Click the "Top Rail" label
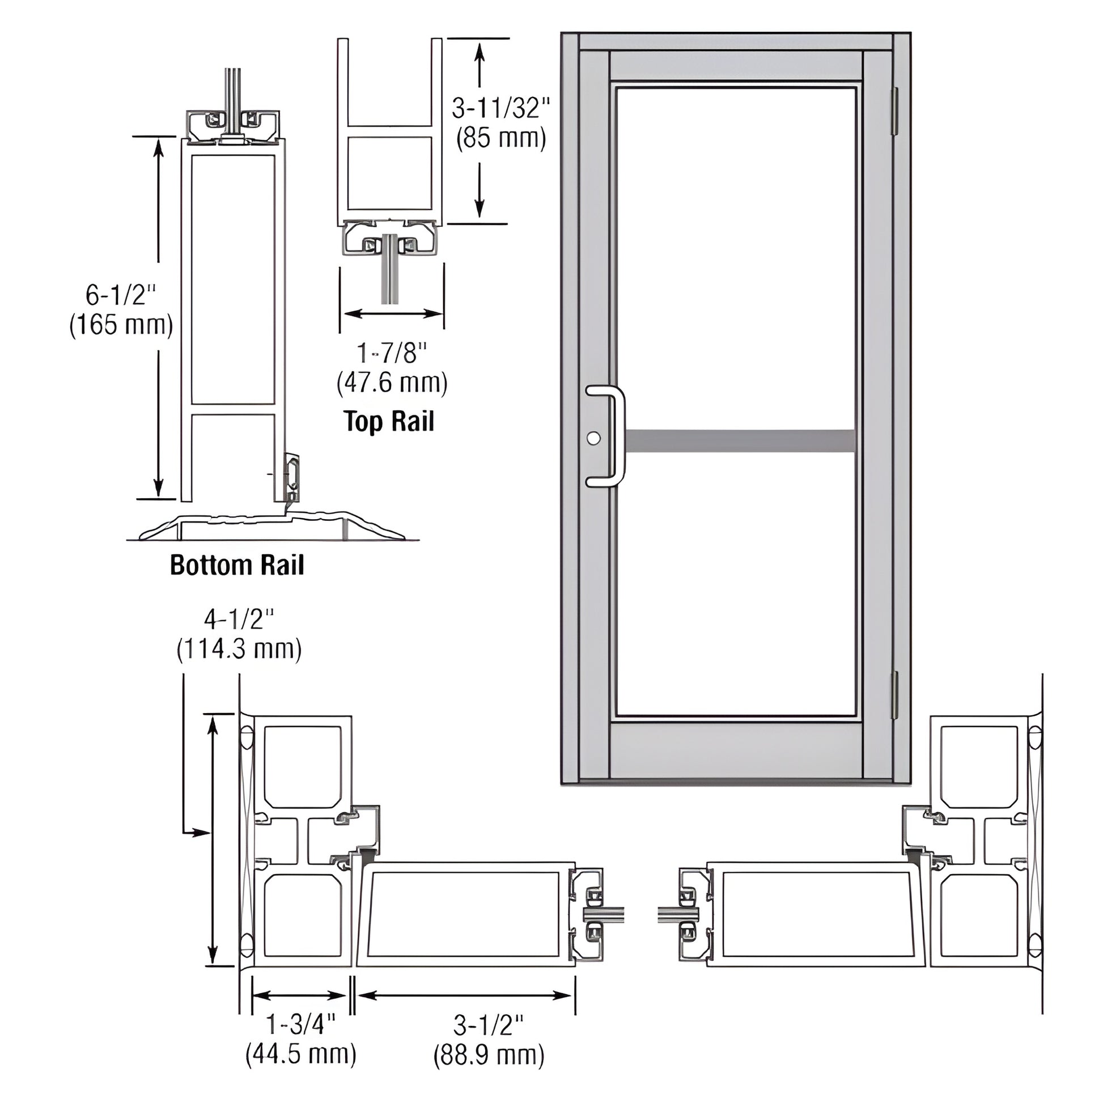click(x=389, y=422)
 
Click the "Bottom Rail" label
click(x=237, y=565)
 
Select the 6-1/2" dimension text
click(x=121, y=295)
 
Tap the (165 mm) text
click(x=121, y=325)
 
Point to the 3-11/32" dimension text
click(x=500, y=108)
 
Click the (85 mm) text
click(x=500, y=138)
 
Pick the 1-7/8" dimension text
click(x=392, y=353)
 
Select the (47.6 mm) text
click(x=392, y=383)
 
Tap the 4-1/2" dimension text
click(x=239, y=619)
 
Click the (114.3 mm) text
click(x=239, y=649)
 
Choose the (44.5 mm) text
click(x=301, y=1054)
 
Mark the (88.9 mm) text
click(x=489, y=1054)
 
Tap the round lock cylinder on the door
click(x=594, y=438)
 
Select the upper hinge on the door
click(x=894, y=111)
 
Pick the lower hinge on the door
click(x=894, y=695)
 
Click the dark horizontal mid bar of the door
click(x=740, y=440)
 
